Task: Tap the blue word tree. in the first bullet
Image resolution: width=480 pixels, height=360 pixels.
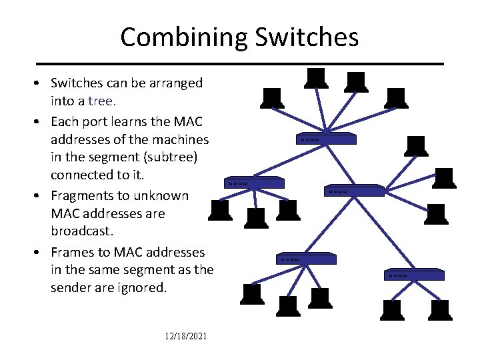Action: pos(102,101)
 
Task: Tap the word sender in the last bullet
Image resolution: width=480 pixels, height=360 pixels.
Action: pos(71,288)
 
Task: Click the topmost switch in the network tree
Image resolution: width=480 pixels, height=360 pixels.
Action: pos(327,139)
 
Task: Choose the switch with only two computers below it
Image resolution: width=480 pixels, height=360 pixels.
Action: pos(415,273)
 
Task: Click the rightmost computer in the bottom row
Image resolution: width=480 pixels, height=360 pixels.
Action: pos(440,309)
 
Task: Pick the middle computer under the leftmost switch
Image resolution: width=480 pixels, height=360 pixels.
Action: pos(255,215)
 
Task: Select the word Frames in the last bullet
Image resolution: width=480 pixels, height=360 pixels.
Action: pos(74,252)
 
